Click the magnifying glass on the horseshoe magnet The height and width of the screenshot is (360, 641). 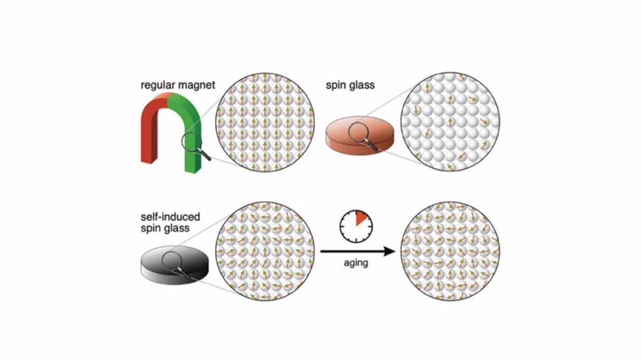tap(192, 144)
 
